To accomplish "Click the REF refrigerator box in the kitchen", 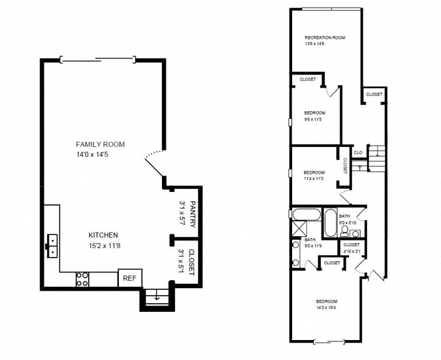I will tap(130, 278).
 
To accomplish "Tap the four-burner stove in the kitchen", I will tap(82, 279).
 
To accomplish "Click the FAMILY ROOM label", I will tap(100, 144).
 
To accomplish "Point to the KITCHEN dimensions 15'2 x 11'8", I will tap(104, 246).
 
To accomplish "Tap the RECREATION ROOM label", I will tap(325, 37).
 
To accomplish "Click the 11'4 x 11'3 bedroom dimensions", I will tap(314, 179).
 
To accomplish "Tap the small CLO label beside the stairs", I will tap(358, 152).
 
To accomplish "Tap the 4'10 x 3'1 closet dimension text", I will tap(352, 251).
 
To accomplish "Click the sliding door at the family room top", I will tap(97, 59).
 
